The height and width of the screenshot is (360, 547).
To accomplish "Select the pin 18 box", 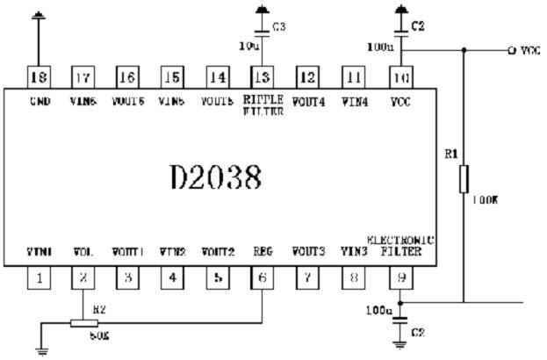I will pos(39,76).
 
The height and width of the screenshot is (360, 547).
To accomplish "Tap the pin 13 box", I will pos(262,76).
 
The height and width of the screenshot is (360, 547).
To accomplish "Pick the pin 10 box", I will pos(400,76).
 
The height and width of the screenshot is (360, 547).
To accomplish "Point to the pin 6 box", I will pos(263,277).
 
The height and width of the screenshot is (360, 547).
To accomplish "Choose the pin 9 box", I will pos(400,277).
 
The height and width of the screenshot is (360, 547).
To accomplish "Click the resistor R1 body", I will pos(463,180).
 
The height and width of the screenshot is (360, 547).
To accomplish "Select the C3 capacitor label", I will pos(280,27).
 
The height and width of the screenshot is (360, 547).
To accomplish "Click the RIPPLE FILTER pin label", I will pos(263,106).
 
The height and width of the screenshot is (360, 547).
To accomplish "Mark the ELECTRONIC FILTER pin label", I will pos(400,245).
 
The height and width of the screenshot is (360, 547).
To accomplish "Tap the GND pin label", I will pos(40,102).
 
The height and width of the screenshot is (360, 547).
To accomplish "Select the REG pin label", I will pos(262,252).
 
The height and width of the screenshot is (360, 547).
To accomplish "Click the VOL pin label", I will pos(84,252).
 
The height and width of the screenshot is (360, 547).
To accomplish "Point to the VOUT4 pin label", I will pos(308,102).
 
